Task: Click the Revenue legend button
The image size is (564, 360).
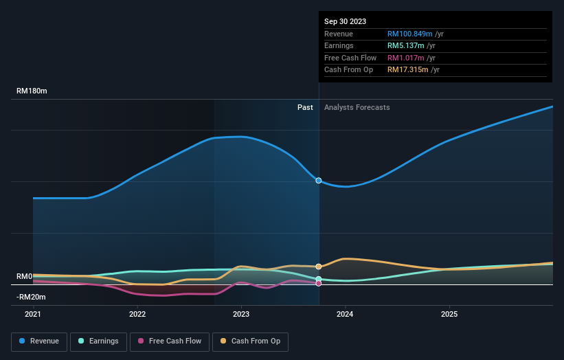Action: pyautogui.click(x=40, y=341)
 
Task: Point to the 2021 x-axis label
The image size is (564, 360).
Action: pyautogui.click(x=33, y=314)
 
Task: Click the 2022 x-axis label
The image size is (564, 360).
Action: pyautogui.click(x=137, y=314)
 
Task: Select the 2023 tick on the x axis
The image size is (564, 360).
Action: pyautogui.click(x=241, y=314)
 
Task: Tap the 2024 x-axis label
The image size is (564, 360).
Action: pyautogui.click(x=345, y=314)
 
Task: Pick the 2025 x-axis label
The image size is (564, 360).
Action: pyautogui.click(x=449, y=314)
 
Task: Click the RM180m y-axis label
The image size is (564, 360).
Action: pyautogui.click(x=32, y=91)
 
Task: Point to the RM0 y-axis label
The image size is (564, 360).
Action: pyautogui.click(x=25, y=276)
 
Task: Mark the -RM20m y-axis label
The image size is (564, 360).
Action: pyautogui.click(x=32, y=297)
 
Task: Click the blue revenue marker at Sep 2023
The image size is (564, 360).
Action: pyautogui.click(x=319, y=180)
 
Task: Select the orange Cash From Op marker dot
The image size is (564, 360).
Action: pyautogui.click(x=319, y=267)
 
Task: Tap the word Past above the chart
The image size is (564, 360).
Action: pyautogui.click(x=305, y=107)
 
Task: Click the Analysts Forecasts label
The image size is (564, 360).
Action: pyautogui.click(x=357, y=107)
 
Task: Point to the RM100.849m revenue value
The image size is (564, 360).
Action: pyautogui.click(x=410, y=34)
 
